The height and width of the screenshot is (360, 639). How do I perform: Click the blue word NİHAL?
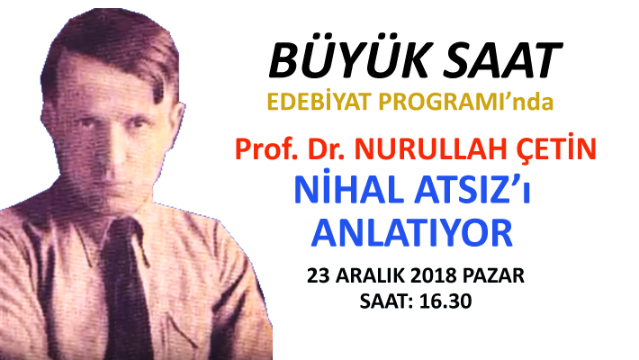click(349, 188)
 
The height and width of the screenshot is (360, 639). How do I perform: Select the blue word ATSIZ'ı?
click(472, 190)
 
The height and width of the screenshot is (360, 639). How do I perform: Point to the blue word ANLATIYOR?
click(412, 233)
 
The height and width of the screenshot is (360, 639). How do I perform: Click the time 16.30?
click(445, 301)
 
